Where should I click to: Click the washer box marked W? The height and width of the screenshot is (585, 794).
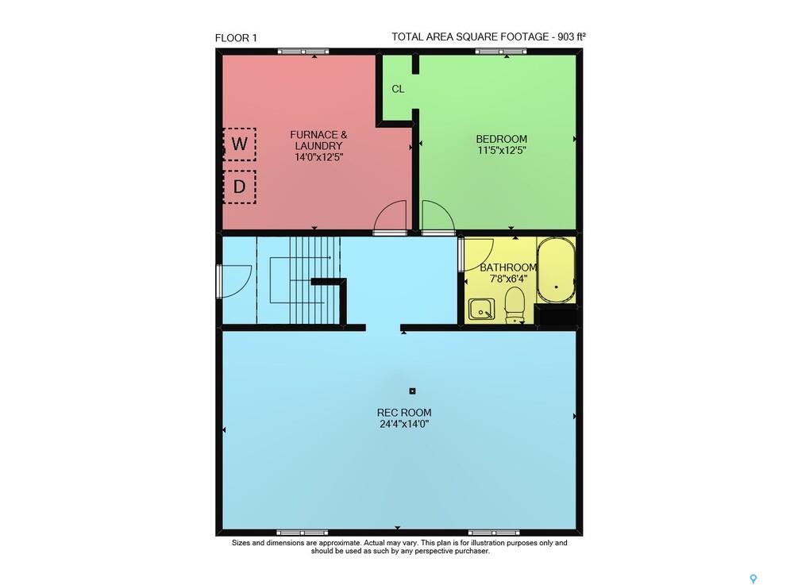(x=240, y=144)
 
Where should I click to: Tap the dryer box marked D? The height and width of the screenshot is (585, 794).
(x=240, y=187)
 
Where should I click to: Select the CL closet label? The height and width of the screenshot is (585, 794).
(x=398, y=89)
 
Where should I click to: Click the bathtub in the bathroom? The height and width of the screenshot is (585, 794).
(x=556, y=270)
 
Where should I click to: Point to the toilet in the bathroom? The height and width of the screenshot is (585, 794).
(x=515, y=304)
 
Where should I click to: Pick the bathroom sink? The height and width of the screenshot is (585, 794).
(x=482, y=310)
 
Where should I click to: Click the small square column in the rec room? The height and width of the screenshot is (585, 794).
(x=412, y=391)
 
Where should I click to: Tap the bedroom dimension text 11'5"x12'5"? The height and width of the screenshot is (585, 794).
(x=501, y=150)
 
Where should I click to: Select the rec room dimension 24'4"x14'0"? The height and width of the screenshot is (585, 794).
(x=404, y=424)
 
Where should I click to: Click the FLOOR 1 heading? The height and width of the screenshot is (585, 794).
(x=236, y=38)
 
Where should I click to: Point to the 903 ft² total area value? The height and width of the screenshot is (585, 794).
(x=572, y=37)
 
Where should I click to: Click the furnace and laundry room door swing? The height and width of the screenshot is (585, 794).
(x=391, y=216)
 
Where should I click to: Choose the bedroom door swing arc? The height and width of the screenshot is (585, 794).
(x=438, y=216)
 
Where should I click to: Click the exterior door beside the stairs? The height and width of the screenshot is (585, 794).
(x=234, y=282)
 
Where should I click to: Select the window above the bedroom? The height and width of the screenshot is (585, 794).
(x=501, y=51)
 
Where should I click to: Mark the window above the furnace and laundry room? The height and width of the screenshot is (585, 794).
(x=303, y=51)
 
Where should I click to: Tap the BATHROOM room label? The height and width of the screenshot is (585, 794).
(x=508, y=267)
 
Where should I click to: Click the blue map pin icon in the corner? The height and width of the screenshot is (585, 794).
(x=754, y=579)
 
